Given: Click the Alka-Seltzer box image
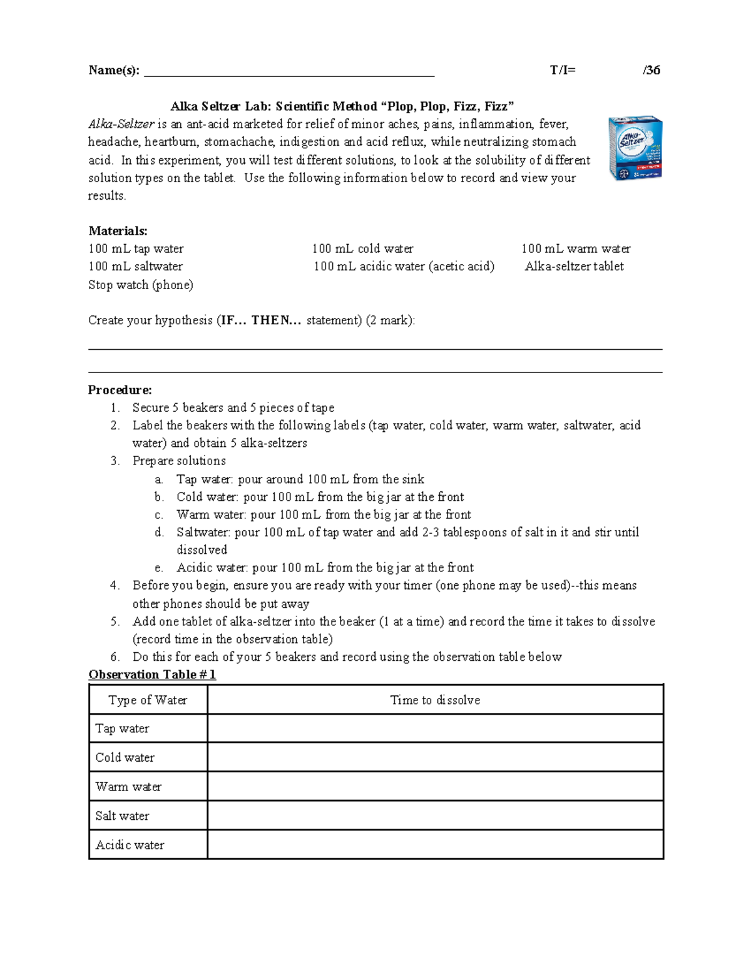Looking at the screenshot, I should [635, 148].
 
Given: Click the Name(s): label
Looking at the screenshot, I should [114, 70].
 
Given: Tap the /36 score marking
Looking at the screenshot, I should [651, 70].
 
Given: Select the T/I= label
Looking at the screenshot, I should [563, 70].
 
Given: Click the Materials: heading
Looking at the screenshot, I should [118, 231].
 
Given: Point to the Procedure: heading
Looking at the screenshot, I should [120, 390].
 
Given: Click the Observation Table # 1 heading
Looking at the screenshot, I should [152, 674].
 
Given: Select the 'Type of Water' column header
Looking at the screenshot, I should [148, 700].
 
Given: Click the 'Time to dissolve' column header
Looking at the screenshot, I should [435, 700].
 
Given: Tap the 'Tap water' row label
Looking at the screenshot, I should [122, 729].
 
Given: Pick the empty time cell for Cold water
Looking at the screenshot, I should [435, 757].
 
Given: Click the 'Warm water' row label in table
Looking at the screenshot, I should [128, 787].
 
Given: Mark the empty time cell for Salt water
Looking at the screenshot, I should [435, 816].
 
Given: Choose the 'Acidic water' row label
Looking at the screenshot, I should [130, 845].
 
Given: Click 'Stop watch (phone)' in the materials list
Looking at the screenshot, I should [141, 285].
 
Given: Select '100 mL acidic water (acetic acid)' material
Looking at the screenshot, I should [404, 267].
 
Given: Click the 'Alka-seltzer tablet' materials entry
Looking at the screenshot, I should [574, 267].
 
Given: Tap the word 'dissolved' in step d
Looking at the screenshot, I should [202, 550].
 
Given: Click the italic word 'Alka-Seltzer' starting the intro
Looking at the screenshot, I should [121, 124].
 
